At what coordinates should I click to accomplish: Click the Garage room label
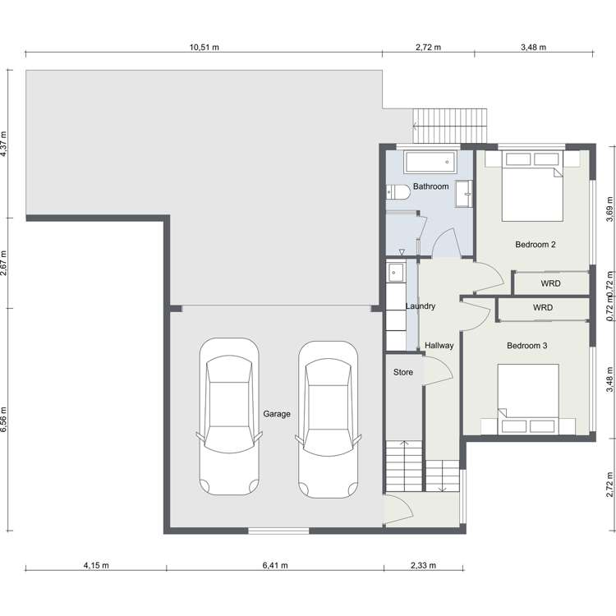tap(277, 414)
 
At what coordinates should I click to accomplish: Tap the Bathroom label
tap(430, 186)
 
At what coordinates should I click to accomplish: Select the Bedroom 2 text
tap(535, 245)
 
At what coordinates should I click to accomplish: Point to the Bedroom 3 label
tap(526, 346)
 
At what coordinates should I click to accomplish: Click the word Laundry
tap(420, 306)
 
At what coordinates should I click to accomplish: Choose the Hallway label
tap(439, 346)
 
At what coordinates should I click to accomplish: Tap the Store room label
tap(403, 372)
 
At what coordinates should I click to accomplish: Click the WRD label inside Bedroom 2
tap(550, 283)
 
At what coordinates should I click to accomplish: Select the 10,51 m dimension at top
tap(205, 47)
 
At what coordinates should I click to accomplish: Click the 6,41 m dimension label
tap(275, 565)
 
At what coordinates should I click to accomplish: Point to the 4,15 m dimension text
tap(96, 565)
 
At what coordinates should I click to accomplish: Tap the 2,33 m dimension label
tap(423, 565)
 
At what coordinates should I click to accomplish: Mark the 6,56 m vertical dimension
tap(4, 419)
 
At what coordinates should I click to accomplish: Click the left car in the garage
tap(229, 416)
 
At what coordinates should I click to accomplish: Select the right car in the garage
tap(328, 420)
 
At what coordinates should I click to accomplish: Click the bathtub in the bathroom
tap(430, 162)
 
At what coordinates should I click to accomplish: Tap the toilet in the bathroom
tap(398, 192)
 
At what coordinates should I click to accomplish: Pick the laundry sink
tap(395, 272)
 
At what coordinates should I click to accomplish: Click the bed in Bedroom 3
tap(528, 399)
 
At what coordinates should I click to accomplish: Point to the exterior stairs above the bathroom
tap(450, 126)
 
